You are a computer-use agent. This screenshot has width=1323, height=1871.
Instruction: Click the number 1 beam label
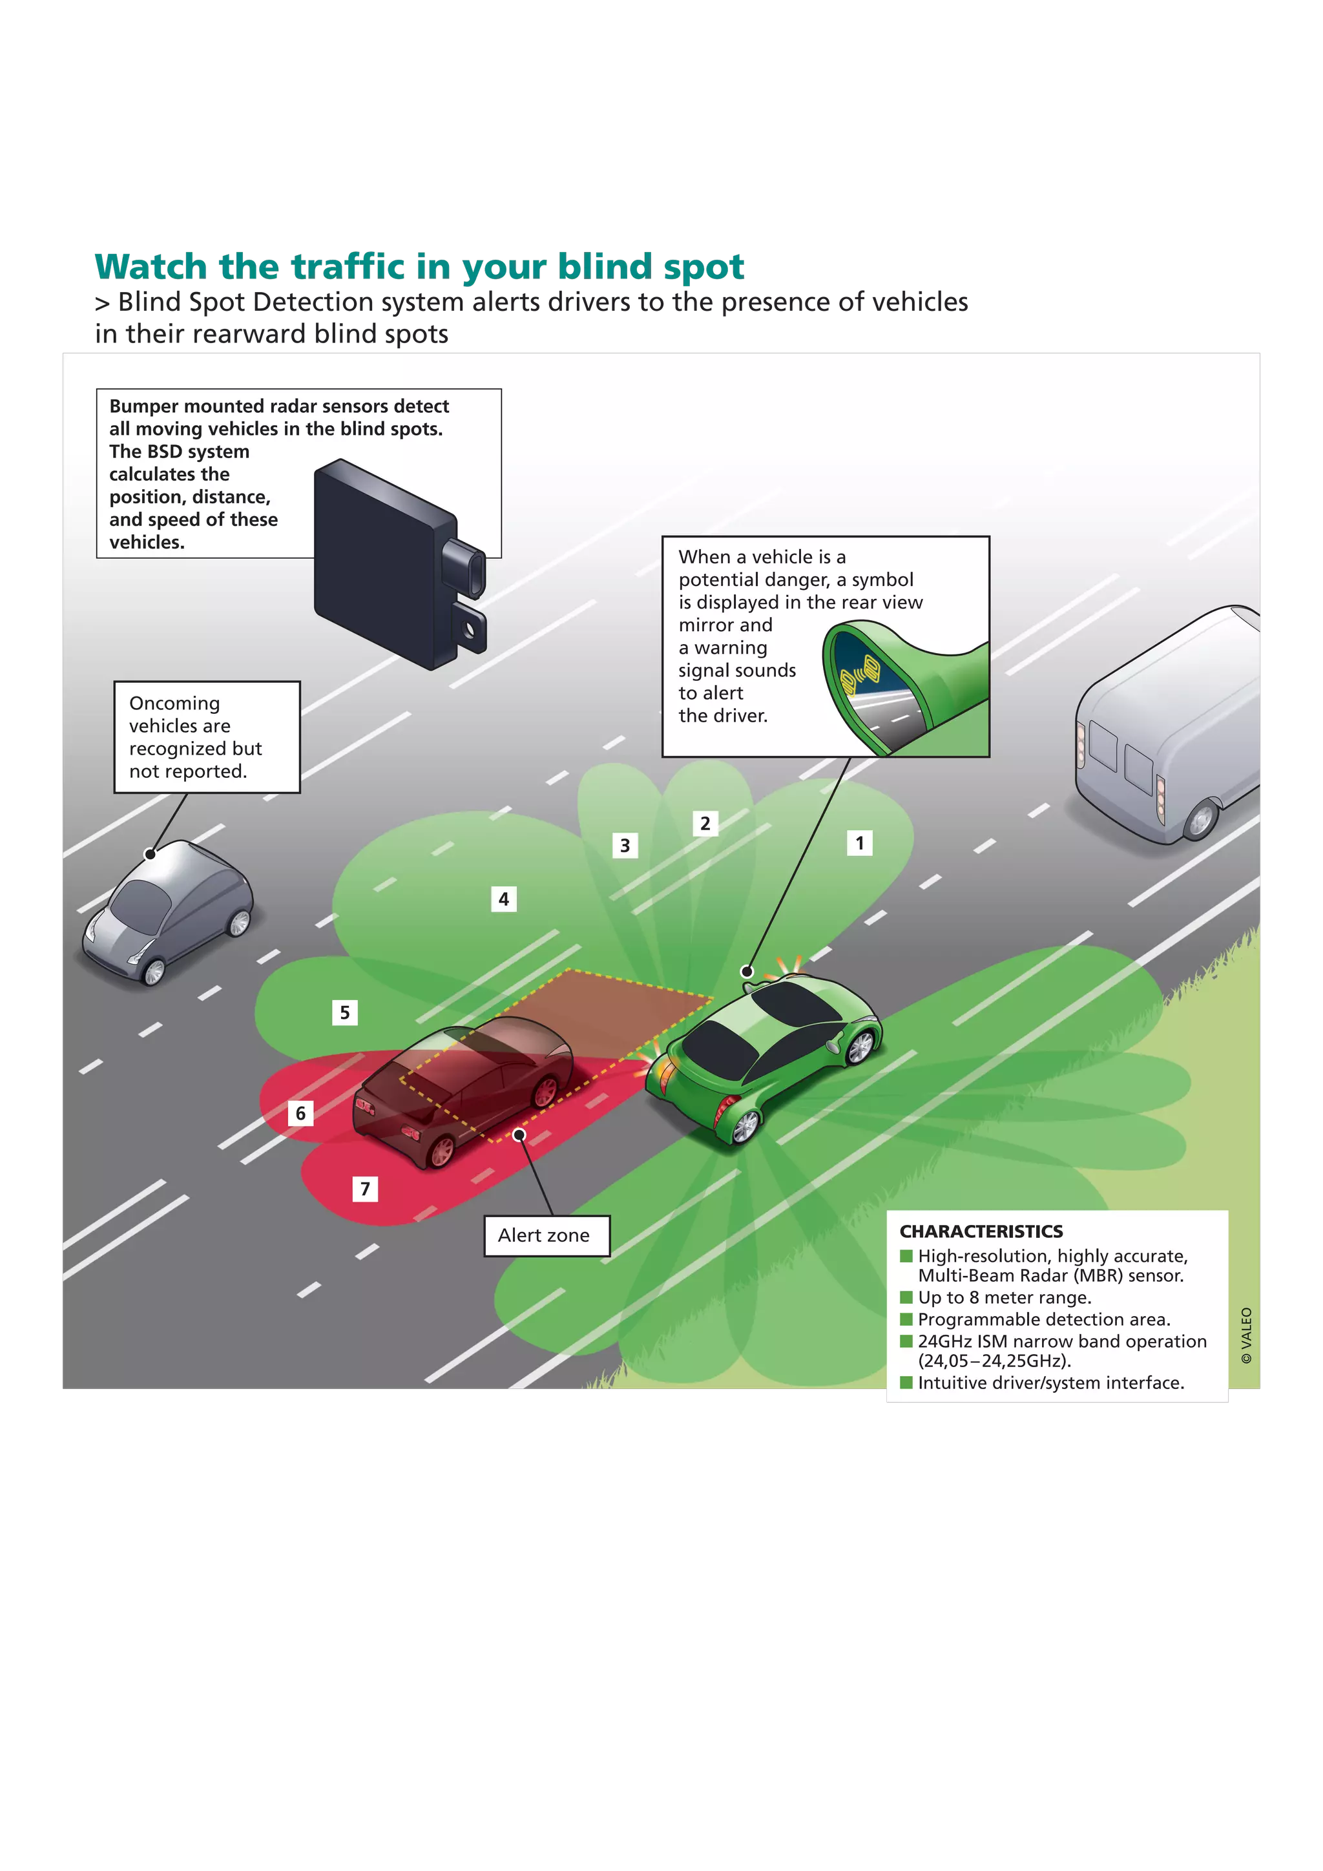point(859,842)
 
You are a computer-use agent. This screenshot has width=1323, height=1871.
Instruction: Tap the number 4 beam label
point(503,899)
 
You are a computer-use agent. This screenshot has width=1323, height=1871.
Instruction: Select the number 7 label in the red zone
point(365,1189)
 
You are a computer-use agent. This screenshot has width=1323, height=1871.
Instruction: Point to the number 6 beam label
point(300,1113)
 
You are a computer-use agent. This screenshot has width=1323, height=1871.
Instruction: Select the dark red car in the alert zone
point(464,1092)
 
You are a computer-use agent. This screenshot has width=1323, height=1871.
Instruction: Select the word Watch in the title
point(151,266)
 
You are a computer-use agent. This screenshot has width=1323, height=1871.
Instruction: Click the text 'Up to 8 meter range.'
point(1005,1297)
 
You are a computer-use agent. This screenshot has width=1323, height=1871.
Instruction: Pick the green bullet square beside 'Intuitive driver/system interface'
point(906,1382)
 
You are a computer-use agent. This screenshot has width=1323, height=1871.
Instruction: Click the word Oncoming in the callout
point(174,704)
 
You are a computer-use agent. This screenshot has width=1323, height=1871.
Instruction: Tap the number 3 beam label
point(625,845)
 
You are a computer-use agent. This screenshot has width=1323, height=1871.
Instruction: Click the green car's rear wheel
point(745,1125)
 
